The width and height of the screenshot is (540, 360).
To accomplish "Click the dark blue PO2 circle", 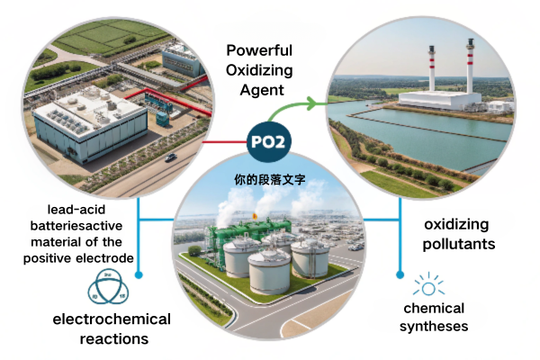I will pyautogui.click(x=269, y=142).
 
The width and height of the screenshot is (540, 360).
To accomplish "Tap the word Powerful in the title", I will pyautogui.click(x=259, y=50).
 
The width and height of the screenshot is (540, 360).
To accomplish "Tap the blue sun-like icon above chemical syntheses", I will pyautogui.click(x=427, y=287).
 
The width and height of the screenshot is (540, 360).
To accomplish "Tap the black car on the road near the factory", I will pyautogui.click(x=170, y=157).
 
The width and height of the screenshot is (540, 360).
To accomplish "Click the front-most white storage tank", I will pyautogui.click(x=269, y=266).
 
